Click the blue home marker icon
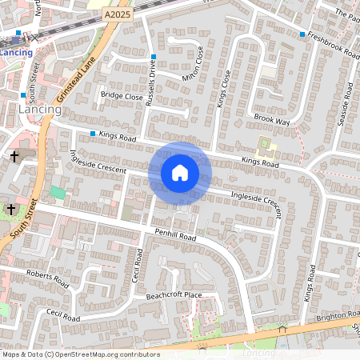(x=180, y=172)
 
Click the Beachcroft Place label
(x=174, y=295)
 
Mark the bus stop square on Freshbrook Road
(x=302, y=34)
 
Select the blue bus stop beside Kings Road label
(x=94, y=134)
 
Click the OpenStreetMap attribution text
(x=80, y=354)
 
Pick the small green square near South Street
(x=57, y=193)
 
